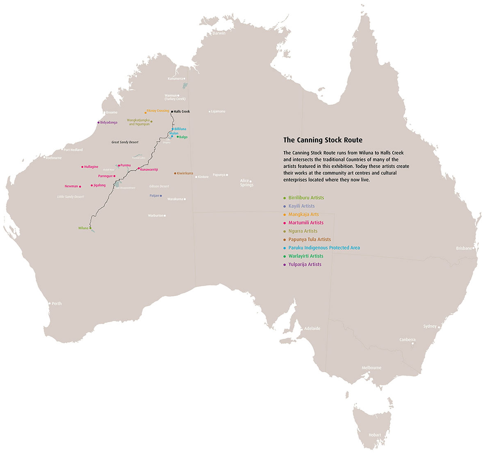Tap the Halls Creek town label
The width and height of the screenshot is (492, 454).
point(182,112)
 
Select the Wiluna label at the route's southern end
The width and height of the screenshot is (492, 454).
point(83,228)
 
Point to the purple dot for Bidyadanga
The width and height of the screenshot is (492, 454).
point(98,122)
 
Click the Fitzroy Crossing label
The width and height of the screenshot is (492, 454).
point(158,111)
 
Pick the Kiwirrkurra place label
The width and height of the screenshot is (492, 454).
point(185,173)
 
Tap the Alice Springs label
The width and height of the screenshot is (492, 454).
point(246,183)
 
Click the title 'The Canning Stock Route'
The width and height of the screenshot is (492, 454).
point(323,140)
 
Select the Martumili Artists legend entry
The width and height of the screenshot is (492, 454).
point(306,223)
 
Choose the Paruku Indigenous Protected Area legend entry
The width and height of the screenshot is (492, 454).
point(324,248)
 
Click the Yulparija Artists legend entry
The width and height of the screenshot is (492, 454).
point(305,265)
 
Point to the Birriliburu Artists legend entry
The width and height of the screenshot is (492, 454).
point(306,198)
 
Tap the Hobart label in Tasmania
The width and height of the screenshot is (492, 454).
point(374,435)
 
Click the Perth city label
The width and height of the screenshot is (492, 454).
point(57,303)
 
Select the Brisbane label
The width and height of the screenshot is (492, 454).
point(464,248)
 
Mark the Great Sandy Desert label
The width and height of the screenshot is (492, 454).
point(125,142)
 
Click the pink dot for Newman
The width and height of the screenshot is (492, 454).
point(80,186)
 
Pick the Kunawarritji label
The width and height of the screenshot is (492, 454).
point(149,169)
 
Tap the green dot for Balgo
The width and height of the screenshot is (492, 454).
point(178,137)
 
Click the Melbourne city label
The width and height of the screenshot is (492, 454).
point(371,368)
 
